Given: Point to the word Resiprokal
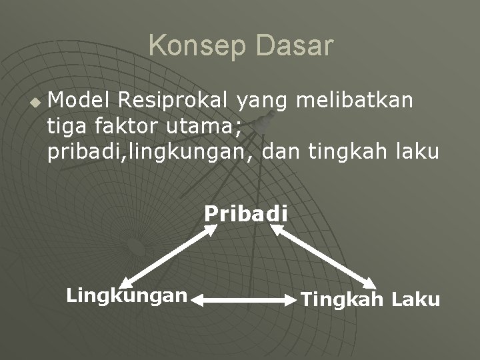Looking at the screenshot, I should click(x=173, y=100).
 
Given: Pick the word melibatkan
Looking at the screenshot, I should click(x=355, y=100).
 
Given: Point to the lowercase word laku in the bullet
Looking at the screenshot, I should click(x=417, y=152).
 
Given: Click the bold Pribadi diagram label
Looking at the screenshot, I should click(x=246, y=214).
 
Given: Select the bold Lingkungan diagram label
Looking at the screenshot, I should click(x=126, y=295).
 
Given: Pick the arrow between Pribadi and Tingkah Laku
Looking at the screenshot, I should click(x=323, y=257).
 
